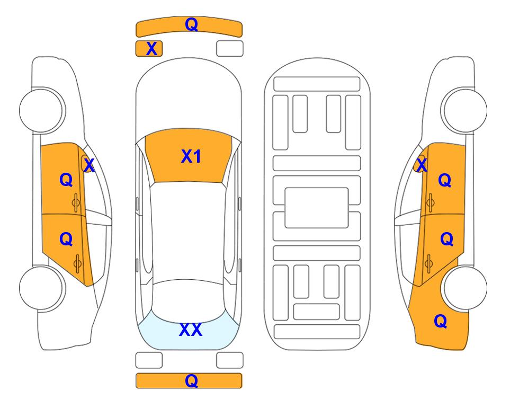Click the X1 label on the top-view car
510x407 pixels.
point(191,156)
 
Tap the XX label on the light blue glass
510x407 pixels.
point(191,330)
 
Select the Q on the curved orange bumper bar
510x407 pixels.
point(191,24)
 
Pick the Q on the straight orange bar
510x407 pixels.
point(191,381)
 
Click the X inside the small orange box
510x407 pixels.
point(151,49)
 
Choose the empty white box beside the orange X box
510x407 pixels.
point(230,49)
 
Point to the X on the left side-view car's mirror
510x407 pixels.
point(89,165)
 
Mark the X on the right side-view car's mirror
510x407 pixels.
point(421,165)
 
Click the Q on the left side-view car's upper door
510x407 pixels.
point(66,180)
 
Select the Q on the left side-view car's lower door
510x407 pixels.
point(66,240)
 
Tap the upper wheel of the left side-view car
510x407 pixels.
point(42,110)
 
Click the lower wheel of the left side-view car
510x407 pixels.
point(42,288)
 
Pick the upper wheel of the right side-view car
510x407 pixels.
point(464,110)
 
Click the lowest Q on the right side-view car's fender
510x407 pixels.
point(441,321)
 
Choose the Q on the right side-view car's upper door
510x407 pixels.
point(445,180)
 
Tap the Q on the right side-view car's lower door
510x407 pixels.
point(446,240)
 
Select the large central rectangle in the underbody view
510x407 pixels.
point(317,208)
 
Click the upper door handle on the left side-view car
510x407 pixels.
point(76,202)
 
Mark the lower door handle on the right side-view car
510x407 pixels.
point(428,263)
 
